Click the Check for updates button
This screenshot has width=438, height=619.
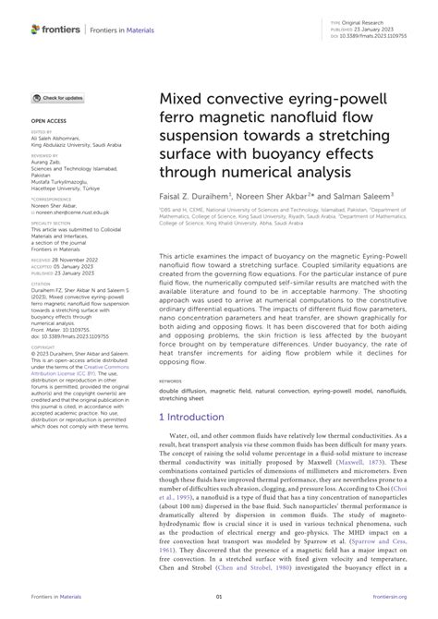59,97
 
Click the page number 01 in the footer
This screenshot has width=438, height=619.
219,596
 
